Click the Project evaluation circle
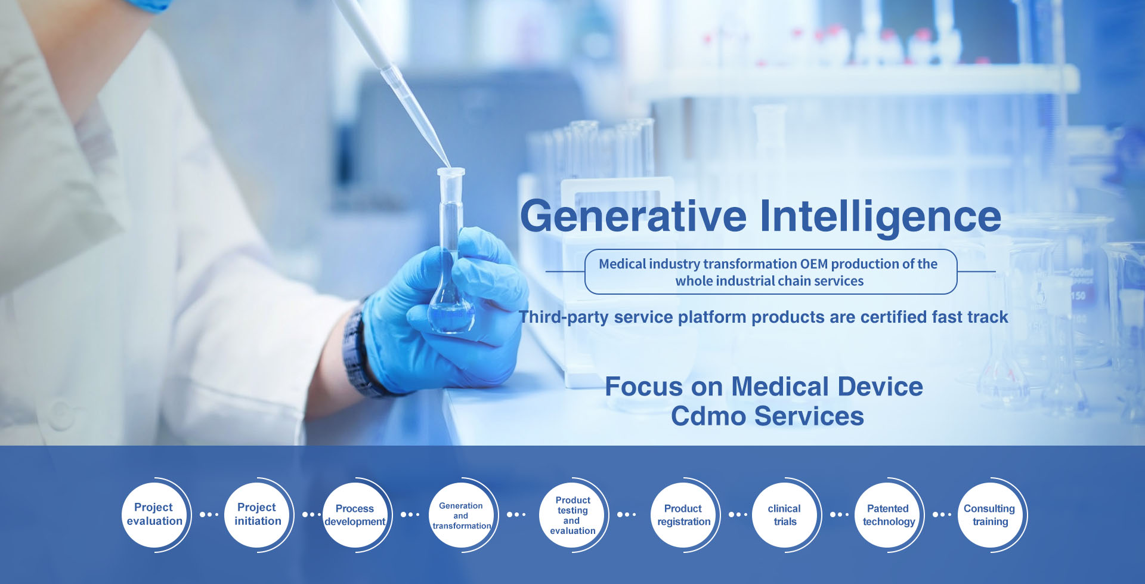click(154, 514)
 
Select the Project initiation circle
click(257, 514)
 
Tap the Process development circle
click(355, 514)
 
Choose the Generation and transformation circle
click(461, 514)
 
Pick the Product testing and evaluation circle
click(572, 514)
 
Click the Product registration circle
click(683, 514)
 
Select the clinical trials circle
click(785, 514)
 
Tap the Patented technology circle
click(888, 514)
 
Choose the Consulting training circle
click(990, 514)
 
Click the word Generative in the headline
click(633, 216)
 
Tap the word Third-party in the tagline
click(564, 317)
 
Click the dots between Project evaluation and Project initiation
click(209, 514)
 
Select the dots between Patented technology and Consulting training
click(942, 514)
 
